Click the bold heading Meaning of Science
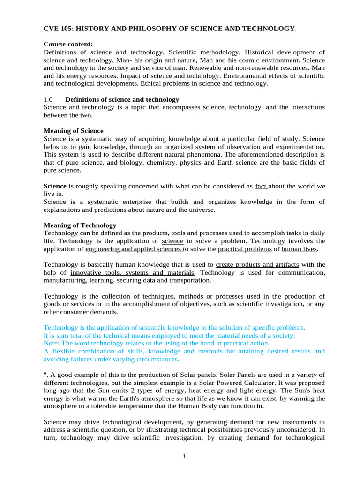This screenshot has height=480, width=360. [74, 131]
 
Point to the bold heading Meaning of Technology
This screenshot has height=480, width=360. [80, 225]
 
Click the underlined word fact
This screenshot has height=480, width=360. [261, 186]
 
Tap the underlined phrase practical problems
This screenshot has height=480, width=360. [244, 249]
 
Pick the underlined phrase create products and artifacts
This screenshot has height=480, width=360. [257, 265]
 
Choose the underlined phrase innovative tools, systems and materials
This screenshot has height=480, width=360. [132, 272]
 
